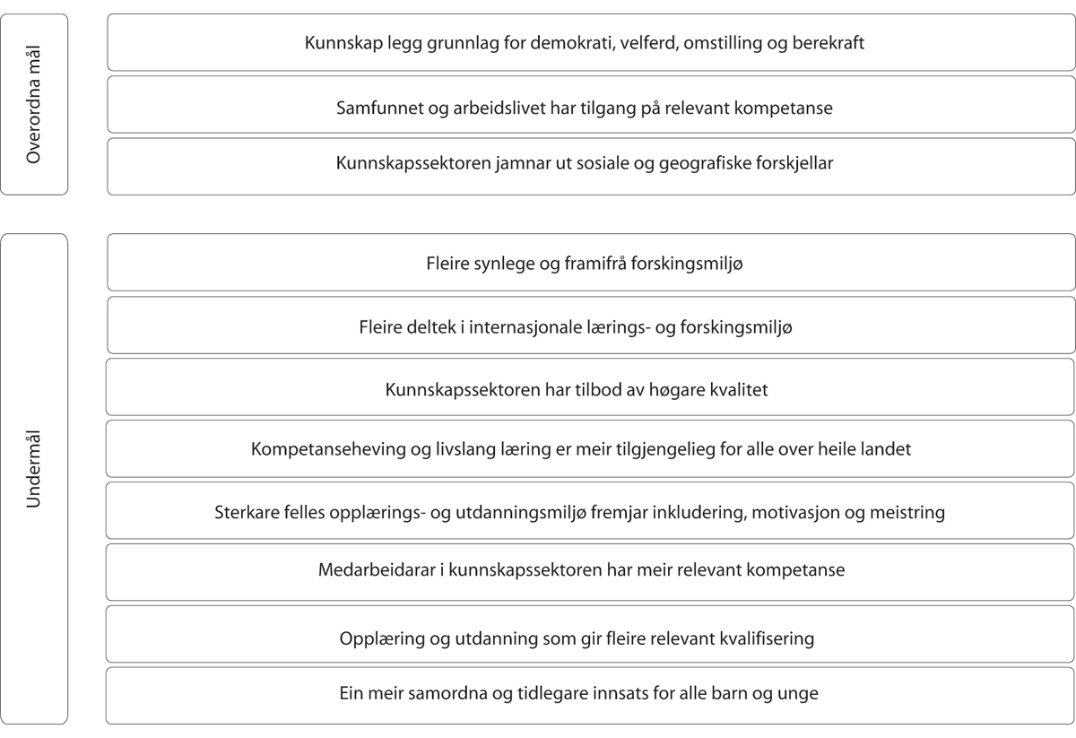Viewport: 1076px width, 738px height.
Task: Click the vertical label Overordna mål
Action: [x=34, y=105]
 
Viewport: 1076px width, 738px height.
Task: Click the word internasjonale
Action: [x=537, y=327]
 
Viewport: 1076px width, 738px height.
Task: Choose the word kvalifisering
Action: [x=763, y=638]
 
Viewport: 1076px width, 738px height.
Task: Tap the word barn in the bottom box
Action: [x=733, y=693]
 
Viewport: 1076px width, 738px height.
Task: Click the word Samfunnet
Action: [x=377, y=108]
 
